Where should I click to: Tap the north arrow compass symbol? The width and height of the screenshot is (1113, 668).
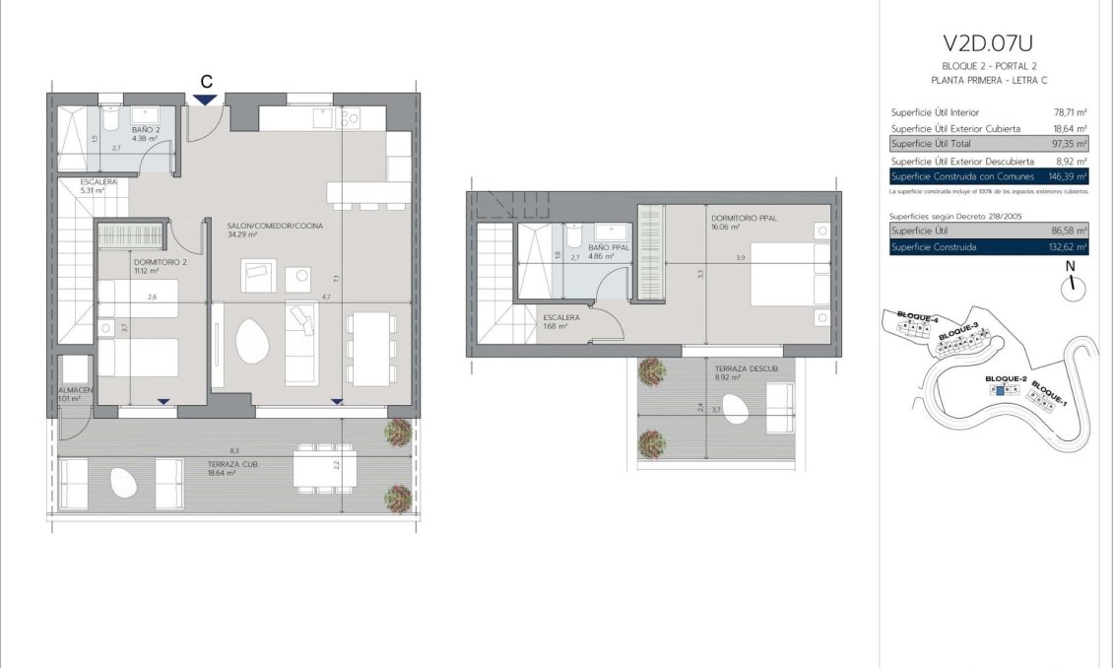[1072, 288]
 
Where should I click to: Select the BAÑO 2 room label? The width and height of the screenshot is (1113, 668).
[145, 129]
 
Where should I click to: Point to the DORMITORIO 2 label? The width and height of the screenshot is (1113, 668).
[160, 262]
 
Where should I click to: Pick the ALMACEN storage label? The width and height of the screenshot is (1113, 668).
[74, 391]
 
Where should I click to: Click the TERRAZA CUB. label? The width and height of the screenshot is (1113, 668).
[232, 463]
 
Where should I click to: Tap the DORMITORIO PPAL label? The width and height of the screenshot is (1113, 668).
[744, 218]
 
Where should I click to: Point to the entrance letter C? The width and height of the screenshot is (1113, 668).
[206, 81]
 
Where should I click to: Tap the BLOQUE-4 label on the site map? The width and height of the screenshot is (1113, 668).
[917, 317]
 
